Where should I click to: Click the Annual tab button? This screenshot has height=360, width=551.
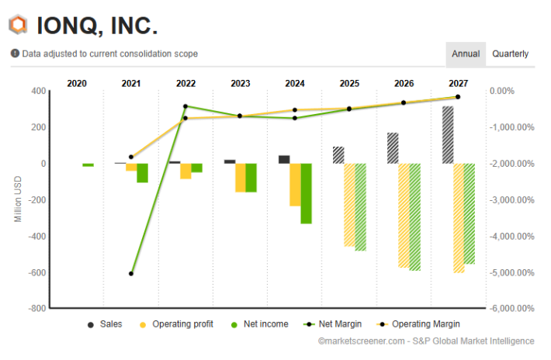pos(466,54)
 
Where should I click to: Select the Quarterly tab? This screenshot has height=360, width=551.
pos(510,54)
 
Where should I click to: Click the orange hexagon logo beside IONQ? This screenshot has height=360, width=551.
pos(18,25)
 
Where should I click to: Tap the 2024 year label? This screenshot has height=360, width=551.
pos(295,83)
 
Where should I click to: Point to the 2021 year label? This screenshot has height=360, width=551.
pos(131,83)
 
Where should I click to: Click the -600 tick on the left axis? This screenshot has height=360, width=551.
pos(36,272)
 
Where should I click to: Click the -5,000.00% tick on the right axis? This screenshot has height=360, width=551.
pos(511,272)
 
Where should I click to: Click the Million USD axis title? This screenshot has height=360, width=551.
pos(18,199)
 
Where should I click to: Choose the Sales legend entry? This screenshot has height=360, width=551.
pos(106,324)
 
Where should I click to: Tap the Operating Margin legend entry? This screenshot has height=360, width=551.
pos(419,324)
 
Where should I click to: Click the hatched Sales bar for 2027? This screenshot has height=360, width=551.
pos(447,134)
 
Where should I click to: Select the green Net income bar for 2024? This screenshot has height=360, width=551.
pos(306,193)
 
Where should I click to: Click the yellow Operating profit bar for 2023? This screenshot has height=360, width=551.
pos(241,178)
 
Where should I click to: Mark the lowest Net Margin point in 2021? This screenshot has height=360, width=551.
pos(131,274)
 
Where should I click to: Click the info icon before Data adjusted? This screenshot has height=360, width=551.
pos(15,54)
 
